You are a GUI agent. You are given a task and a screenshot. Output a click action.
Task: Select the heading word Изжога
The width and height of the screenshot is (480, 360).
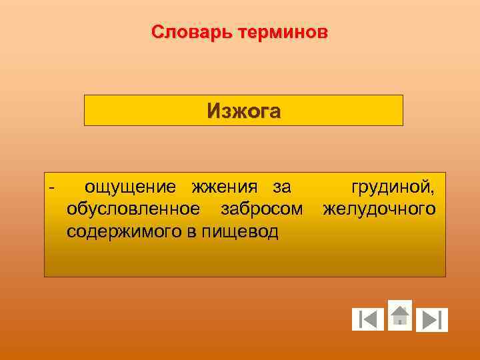click(x=243, y=111)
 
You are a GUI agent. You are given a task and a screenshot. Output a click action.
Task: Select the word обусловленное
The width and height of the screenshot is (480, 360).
click(x=133, y=209)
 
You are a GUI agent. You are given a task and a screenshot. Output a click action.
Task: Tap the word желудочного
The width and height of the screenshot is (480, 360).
click(x=379, y=209)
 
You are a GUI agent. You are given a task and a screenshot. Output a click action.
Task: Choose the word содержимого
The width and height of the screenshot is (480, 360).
click(x=122, y=232)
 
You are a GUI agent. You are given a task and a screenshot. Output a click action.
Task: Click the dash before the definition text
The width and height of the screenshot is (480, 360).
click(x=52, y=186)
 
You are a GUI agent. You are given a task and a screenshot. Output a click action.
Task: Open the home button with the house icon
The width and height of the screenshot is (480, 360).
click(x=399, y=315)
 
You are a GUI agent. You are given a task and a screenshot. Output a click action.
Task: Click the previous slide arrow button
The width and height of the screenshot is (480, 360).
click(x=368, y=320)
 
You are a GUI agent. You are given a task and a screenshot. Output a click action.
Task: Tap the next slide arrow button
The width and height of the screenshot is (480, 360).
click(x=431, y=320)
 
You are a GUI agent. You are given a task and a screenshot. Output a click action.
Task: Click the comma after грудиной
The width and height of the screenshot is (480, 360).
click(x=433, y=192)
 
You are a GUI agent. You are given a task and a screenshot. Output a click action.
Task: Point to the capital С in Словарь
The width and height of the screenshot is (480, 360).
click(x=157, y=32)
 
